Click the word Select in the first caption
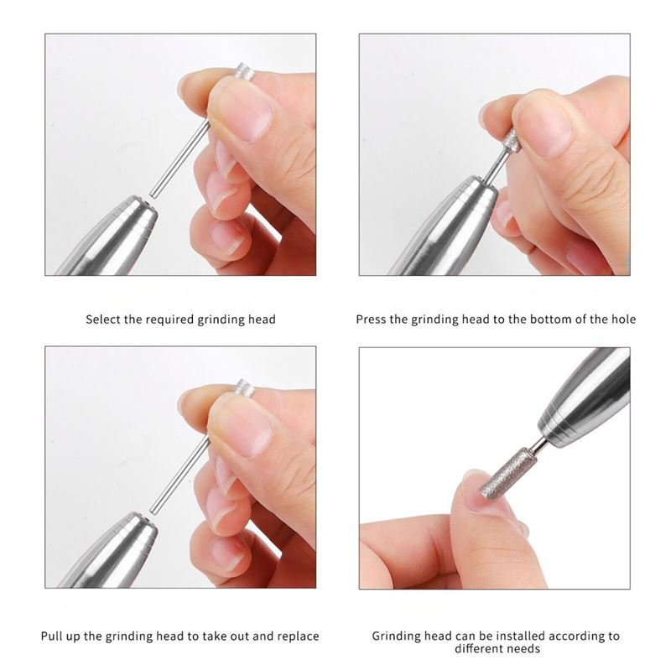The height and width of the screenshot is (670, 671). [x=101, y=319]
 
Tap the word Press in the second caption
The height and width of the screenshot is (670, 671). [x=370, y=319]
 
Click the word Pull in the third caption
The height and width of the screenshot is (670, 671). [x=50, y=636]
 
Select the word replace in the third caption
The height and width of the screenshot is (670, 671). [x=299, y=636]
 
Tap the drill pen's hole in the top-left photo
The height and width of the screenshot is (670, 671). [x=151, y=198]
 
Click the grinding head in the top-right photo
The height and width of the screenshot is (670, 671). [x=512, y=140]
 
